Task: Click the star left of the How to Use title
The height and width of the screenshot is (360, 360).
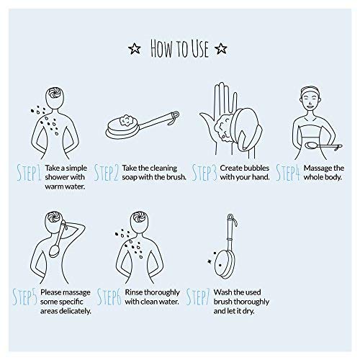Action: point(135,49)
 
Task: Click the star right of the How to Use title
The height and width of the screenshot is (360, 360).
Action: point(221,49)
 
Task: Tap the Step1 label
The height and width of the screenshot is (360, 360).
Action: point(30,173)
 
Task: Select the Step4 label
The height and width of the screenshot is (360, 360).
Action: point(288,173)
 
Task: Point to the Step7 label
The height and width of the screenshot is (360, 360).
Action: point(198,297)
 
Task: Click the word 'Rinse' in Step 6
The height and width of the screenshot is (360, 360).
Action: point(134,292)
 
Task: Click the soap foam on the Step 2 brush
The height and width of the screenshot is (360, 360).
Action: point(126,120)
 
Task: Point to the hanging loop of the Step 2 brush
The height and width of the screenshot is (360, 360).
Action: point(174,118)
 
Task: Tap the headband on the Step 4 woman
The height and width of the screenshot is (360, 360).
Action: point(310,91)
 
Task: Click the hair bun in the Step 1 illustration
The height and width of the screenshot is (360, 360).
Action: point(55,93)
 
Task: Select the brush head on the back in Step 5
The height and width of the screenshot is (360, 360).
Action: point(54,251)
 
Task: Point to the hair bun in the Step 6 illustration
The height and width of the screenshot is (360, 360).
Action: point(139,217)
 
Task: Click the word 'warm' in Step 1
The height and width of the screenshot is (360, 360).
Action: point(54,186)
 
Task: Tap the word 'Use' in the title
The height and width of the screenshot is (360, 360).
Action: point(199,49)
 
